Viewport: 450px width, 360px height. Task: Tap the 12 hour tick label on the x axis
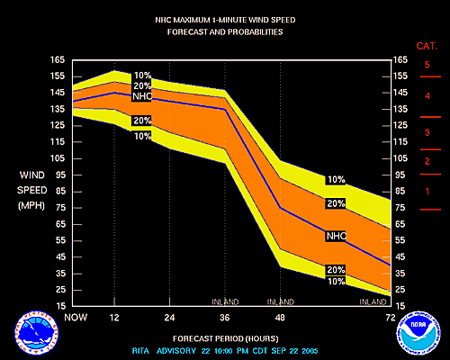[113, 317]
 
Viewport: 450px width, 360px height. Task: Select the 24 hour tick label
[169, 317]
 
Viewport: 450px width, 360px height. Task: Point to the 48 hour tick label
[280, 317]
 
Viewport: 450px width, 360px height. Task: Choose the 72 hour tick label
[389, 317]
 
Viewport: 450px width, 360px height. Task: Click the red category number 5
[427, 65]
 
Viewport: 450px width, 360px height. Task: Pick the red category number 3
[427, 133]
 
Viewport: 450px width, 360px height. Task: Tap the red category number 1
[427, 191]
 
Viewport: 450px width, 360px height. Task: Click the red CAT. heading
[427, 45]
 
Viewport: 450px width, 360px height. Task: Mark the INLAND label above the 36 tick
[224, 301]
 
